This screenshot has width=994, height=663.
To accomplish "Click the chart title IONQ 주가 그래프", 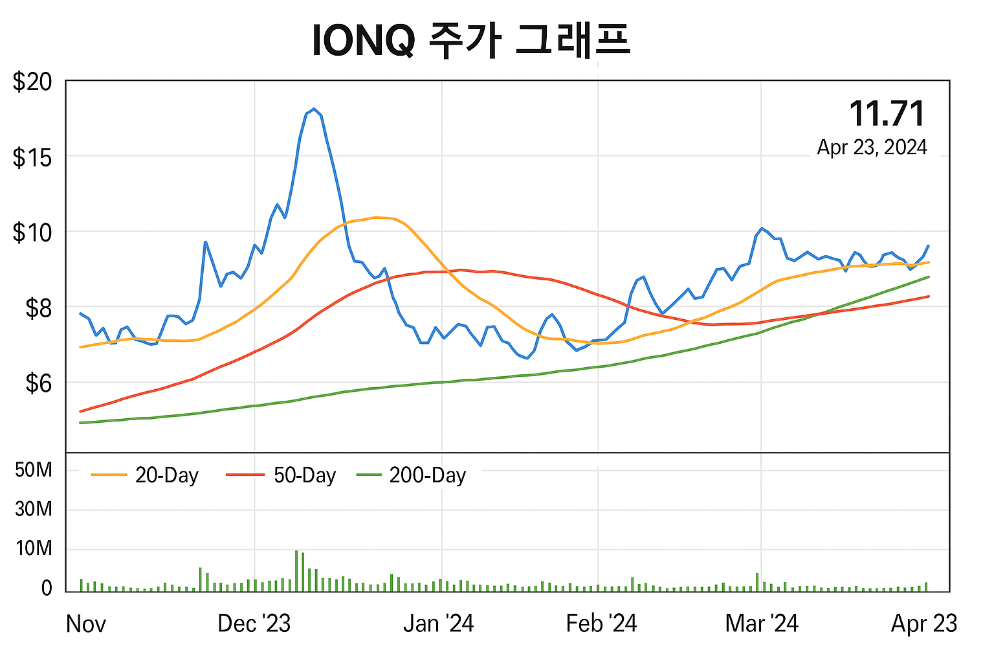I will [x=470, y=40].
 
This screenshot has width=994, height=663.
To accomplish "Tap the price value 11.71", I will [x=887, y=114].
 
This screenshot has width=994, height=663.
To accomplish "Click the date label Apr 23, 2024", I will [x=872, y=148].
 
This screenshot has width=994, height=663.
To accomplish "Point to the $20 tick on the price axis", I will [x=32, y=82].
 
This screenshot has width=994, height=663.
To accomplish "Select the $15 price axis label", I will [x=32, y=157].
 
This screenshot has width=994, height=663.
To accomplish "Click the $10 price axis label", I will [x=32, y=232].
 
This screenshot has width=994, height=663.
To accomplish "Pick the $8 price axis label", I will [x=38, y=308].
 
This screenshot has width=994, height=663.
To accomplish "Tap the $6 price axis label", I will [x=38, y=383].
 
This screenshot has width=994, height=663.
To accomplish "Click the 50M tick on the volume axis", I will [x=34, y=469].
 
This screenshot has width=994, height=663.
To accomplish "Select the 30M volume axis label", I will [x=34, y=509].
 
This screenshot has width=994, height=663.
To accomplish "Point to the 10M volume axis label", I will [x=34, y=548].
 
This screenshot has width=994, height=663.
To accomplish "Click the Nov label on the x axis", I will [x=85, y=624].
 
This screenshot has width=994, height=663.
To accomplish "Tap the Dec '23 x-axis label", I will [x=254, y=624].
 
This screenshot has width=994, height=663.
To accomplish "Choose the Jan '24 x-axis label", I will [x=438, y=624].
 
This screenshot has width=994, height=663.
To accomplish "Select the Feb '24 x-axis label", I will [x=601, y=624].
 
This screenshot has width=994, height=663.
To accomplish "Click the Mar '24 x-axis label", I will [x=762, y=624].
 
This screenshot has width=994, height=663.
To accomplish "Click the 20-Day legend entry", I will [x=146, y=475].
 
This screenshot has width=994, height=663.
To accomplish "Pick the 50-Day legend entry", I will [x=282, y=475].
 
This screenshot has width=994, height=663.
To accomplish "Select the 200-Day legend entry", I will [x=412, y=475].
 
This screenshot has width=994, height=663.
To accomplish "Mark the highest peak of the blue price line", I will [x=314, y=109].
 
